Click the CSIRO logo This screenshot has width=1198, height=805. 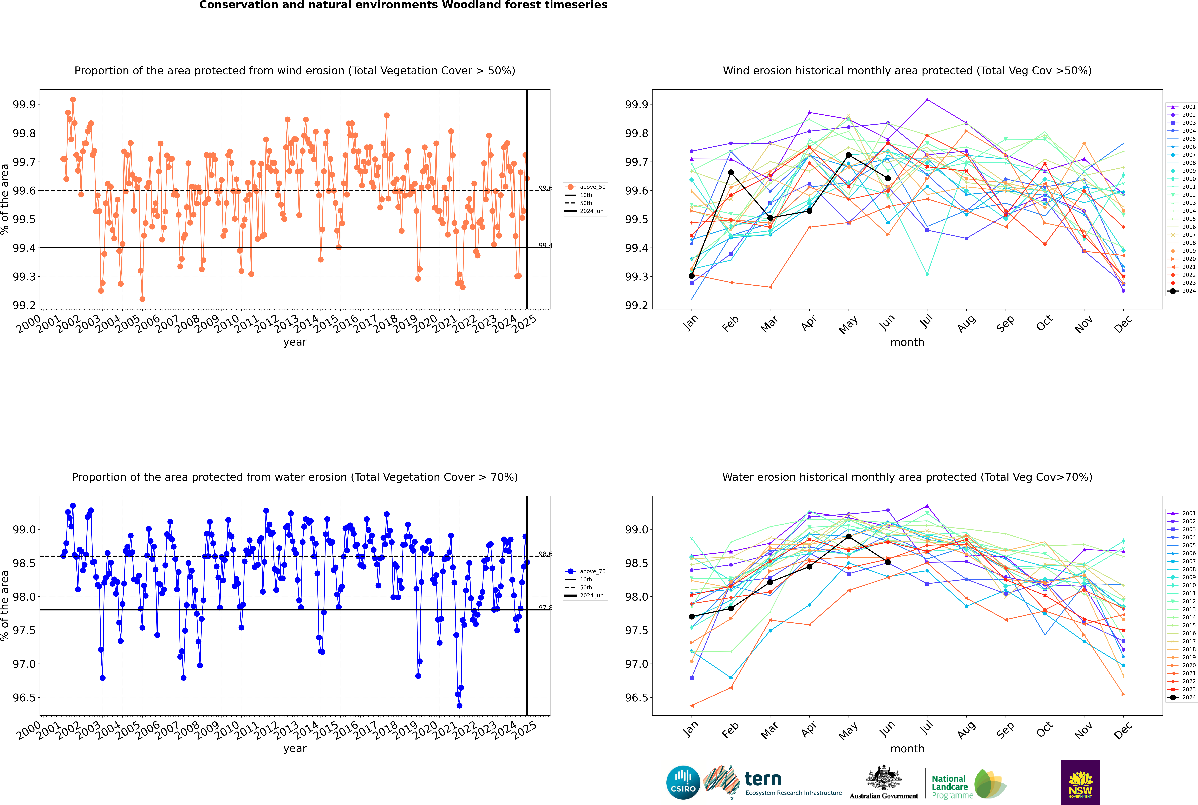(683, 782)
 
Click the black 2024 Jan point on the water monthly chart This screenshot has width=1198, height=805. (692, 617)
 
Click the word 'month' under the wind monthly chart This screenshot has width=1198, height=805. (907, 342)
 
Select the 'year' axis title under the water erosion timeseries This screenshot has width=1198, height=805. (295, 749)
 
